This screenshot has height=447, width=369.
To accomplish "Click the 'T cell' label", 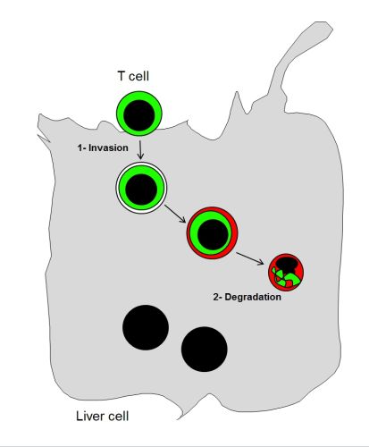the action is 133,76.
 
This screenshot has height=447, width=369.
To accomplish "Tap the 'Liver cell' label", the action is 103,416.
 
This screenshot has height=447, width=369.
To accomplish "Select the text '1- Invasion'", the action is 103,148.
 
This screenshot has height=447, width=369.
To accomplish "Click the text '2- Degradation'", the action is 247,297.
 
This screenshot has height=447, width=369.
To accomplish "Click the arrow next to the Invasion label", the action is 140,149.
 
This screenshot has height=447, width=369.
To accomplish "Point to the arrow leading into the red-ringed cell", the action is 175,214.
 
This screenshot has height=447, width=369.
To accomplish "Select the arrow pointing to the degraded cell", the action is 250,258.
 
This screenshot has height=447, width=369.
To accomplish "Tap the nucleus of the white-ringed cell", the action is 141,190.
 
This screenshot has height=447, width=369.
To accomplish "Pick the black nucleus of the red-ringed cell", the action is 213,234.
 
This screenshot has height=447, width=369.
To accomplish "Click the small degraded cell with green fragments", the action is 286,272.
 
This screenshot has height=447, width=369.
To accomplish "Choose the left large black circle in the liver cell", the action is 146,327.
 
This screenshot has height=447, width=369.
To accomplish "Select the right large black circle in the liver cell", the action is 205,350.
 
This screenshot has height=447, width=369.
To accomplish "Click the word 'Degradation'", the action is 253,297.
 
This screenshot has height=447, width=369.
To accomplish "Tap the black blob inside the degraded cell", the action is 285,264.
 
